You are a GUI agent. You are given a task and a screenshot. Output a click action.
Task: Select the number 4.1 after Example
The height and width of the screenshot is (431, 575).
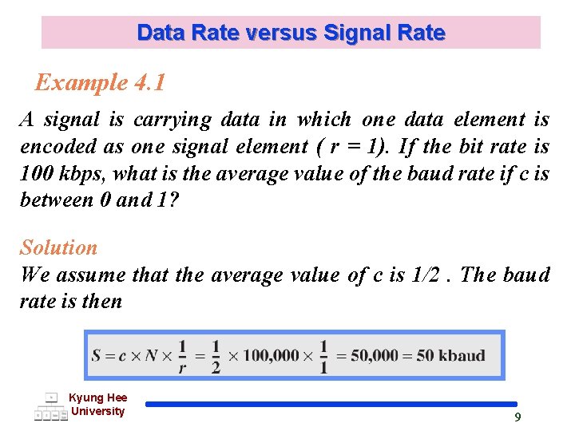coord(149,82)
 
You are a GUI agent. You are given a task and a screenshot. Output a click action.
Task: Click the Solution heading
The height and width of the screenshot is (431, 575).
coord(58,247)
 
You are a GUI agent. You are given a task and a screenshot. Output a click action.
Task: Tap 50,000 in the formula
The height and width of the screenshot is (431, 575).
coord(380,355)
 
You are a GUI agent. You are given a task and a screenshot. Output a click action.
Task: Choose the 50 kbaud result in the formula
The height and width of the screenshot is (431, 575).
coord(451,355)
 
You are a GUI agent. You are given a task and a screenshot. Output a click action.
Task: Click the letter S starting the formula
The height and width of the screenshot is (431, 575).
coord(97,355)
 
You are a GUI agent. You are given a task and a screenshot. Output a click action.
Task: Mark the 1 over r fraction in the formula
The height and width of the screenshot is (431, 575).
coord(182,355)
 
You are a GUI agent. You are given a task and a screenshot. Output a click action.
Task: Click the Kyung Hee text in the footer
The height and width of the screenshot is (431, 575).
coord(97,397)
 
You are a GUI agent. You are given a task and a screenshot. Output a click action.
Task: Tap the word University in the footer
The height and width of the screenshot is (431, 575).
coord(97,411)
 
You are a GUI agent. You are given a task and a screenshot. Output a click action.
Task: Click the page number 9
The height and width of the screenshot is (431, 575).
coord(517,417)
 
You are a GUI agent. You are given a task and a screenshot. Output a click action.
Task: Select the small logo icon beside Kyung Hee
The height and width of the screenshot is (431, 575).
coord(51,406)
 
